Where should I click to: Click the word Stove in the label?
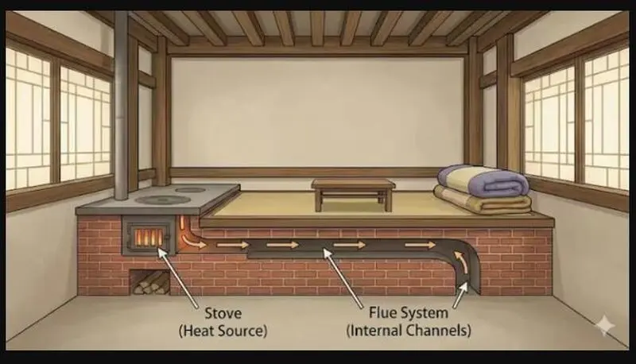223,313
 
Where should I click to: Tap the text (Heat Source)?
223,331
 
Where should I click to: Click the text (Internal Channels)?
409,331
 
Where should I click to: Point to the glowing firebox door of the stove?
149,236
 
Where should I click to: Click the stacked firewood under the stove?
151,282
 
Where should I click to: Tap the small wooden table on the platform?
353,195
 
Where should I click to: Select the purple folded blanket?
483,180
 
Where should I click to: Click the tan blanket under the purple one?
483,200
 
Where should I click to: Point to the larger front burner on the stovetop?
163,199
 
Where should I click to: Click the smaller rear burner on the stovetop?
190,189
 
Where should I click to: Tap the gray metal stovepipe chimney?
121,106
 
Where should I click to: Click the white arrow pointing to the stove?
177,277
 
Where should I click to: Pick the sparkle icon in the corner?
605,325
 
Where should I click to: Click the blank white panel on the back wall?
317,112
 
